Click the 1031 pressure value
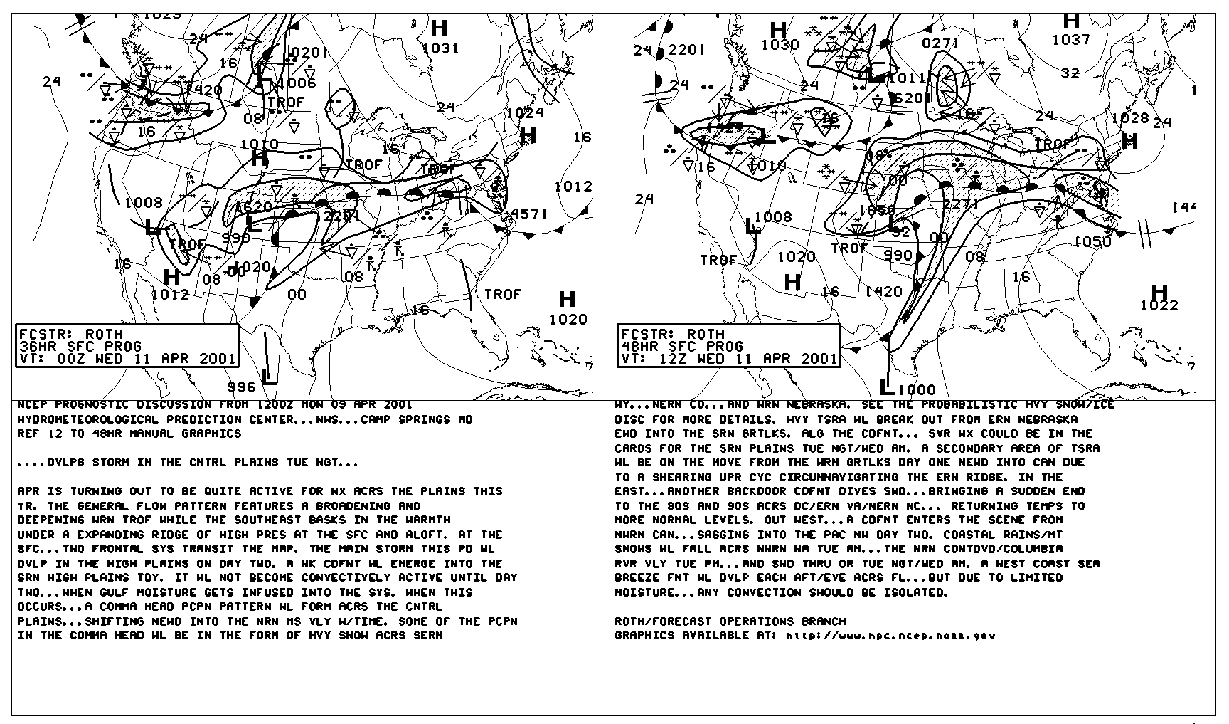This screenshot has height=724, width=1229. pyautogui.click(x=440, y=48)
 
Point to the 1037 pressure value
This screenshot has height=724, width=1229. pyautogui.click(x=1071, y=40)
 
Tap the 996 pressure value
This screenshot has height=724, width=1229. pyautogui.click(x=241, y=387)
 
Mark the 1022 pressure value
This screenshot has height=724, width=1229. pyautogui.click(x=1159, y=306)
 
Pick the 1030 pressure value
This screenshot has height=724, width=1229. pyautogui.click(x=780, y=45)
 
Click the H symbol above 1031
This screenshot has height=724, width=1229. pyautogui.click(x=440, y=28)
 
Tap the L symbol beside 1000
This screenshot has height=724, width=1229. pyautogui.click(x=886, y=388)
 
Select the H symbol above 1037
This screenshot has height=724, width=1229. pyautogui.click(x=1071, y=21)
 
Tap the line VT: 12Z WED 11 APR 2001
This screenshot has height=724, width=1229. pyautogui.click(x=728, y=359)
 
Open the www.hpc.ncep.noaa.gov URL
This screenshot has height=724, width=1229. pyautogui.click(x=891, y=636)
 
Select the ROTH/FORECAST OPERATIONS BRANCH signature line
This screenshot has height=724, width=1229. pyautogui.click(x=730, y=621)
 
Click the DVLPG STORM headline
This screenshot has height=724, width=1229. pyautogui.click(x=188, y=463)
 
